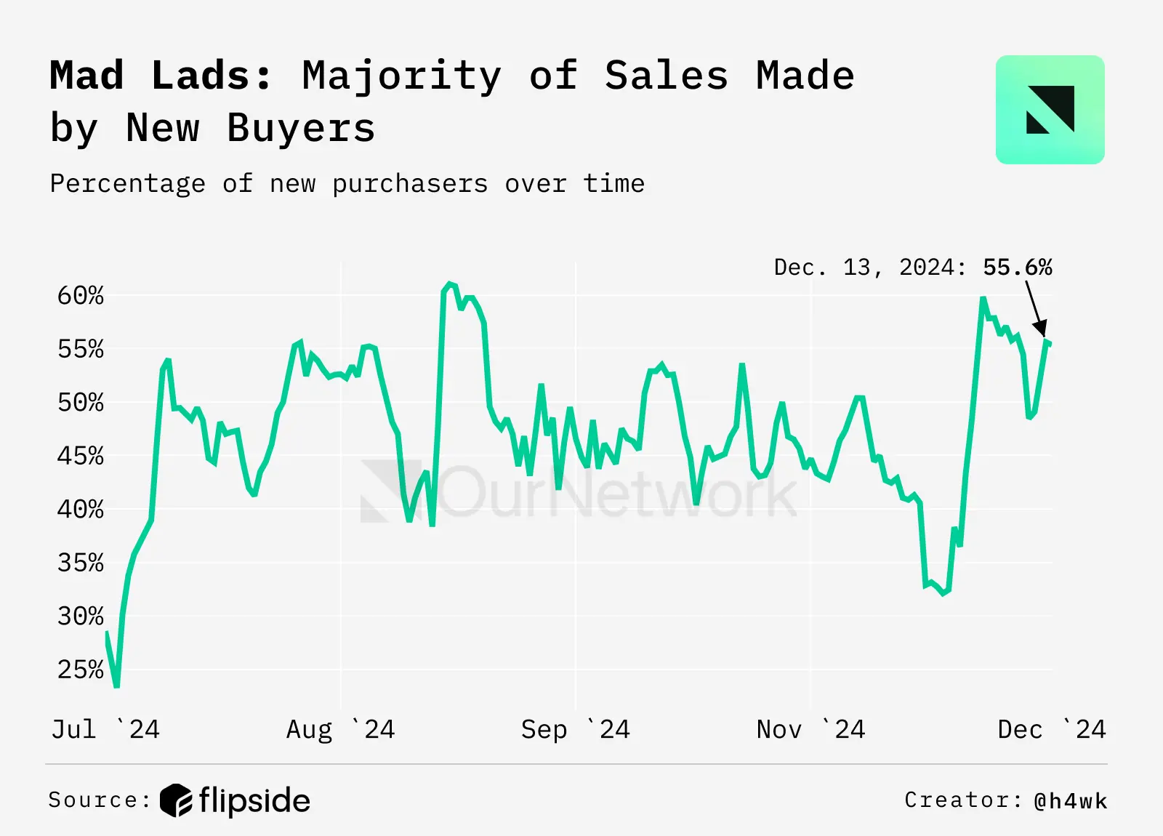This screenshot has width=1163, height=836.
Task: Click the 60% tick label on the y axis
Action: coord(81,296)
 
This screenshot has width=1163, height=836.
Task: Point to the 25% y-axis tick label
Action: coord(81,670)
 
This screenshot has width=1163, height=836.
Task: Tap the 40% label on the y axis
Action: coord(81,509)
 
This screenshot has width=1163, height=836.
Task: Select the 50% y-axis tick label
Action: coord(81,402)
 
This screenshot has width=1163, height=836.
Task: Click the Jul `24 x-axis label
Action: coord(105,729)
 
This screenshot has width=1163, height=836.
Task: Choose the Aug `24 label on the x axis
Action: coord(340,729)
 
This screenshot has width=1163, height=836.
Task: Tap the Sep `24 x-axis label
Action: coord(575,729)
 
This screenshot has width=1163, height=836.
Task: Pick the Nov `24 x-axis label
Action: coord(810,729)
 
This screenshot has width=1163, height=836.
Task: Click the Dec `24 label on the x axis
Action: coord(1051,729)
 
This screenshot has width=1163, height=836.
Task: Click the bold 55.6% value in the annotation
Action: coord(1017,268)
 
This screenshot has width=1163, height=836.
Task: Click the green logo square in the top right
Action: coord(1050,110)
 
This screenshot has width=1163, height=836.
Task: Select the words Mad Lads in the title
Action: coord(161,76)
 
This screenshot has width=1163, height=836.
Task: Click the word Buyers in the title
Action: coord(301,128)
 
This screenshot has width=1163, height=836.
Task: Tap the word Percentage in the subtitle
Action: coord(127,183)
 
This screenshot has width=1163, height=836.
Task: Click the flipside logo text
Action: coord(254,800)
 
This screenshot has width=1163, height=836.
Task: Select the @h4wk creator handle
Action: coord(1070,800)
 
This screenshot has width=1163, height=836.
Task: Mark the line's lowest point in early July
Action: coord(116,685)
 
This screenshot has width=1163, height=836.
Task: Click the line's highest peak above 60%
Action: coord(449,284)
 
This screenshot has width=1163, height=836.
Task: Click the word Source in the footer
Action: coord(93,800)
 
